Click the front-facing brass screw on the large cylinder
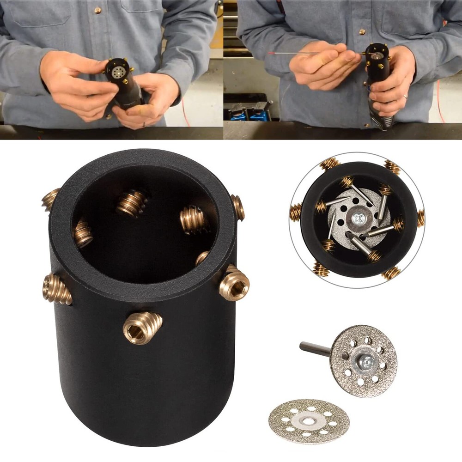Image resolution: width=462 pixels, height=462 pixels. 142,327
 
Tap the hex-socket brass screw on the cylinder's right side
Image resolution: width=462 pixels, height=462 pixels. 235,283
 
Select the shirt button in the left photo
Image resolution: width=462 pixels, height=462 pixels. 97,10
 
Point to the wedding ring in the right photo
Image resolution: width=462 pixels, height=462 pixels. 405,97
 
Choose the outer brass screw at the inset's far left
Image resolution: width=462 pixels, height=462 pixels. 295,213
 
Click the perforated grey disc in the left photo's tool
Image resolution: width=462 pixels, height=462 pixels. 119,72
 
